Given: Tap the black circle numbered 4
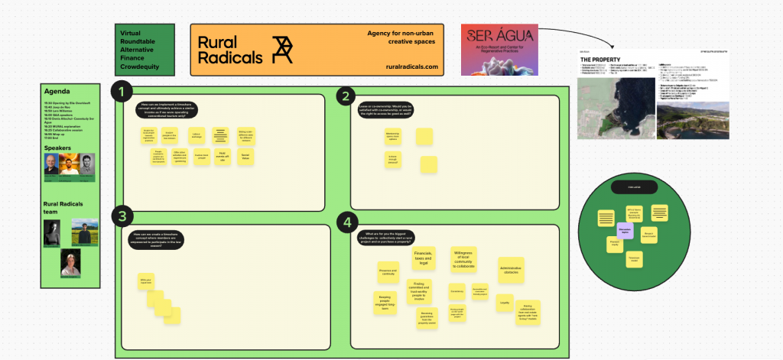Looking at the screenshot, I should click(348, 222).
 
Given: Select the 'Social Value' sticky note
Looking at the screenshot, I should click(245, 155).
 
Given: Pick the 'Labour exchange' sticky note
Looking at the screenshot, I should click(196, 135).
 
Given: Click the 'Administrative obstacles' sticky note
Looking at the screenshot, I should click(510, 269).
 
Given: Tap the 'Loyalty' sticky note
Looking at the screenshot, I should click(505, 303).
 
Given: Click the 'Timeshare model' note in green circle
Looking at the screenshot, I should click(634, 260).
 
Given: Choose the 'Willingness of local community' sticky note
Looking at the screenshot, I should click(463, 259).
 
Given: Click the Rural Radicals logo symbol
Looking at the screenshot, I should click(282, 50).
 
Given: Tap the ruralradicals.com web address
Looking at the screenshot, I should click(412, 67).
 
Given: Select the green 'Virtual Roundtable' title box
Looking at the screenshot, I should click(145, 50).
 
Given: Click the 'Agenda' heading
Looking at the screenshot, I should click(57, 91).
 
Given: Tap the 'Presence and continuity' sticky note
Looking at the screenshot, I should click(388, 271).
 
